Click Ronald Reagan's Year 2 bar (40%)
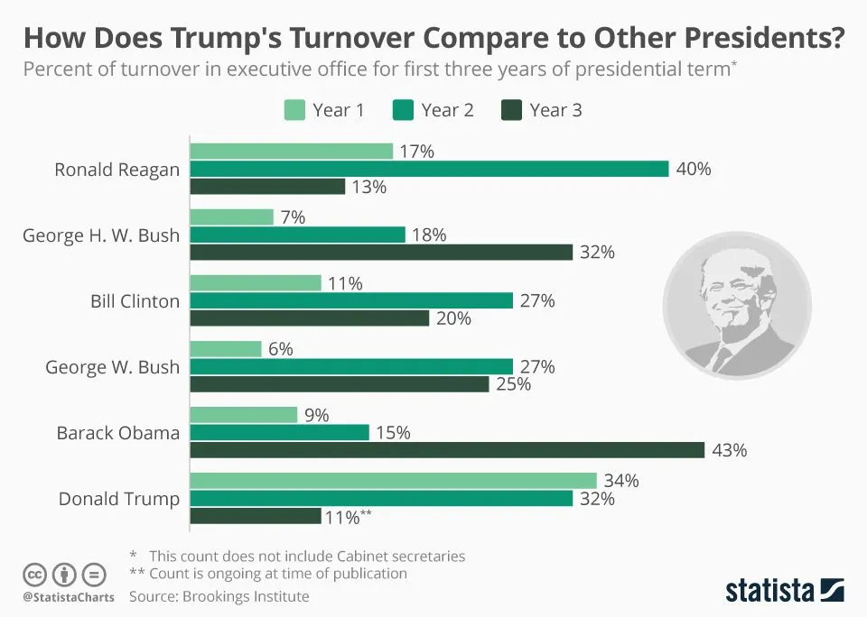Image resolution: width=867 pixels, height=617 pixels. [429, 169]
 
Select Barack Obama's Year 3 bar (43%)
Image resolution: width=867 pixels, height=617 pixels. [447, 449]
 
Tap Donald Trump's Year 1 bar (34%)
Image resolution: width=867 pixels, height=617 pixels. [393, 481]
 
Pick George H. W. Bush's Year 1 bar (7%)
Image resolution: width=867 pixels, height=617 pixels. [231, 217]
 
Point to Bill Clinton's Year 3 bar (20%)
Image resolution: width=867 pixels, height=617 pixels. [309, 318]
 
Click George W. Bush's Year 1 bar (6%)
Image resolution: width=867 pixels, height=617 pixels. [226, 349]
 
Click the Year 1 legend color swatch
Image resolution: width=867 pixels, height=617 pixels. [294, 110]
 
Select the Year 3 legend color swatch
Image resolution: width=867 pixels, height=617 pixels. [511, 110]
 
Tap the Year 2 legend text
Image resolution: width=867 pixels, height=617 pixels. [447, 110]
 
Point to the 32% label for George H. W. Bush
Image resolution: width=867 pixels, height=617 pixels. [597, 253]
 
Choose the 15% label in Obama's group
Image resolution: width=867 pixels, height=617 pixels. [392, 433]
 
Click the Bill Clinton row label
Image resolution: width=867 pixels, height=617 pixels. [135, 301]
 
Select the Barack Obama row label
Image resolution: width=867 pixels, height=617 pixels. [117, 433]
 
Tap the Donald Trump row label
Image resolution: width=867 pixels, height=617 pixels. [119, 499]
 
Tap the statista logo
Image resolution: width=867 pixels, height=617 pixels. [784, 591]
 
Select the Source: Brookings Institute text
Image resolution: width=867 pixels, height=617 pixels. [219, 596]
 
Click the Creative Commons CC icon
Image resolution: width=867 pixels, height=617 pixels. [34, 574]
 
